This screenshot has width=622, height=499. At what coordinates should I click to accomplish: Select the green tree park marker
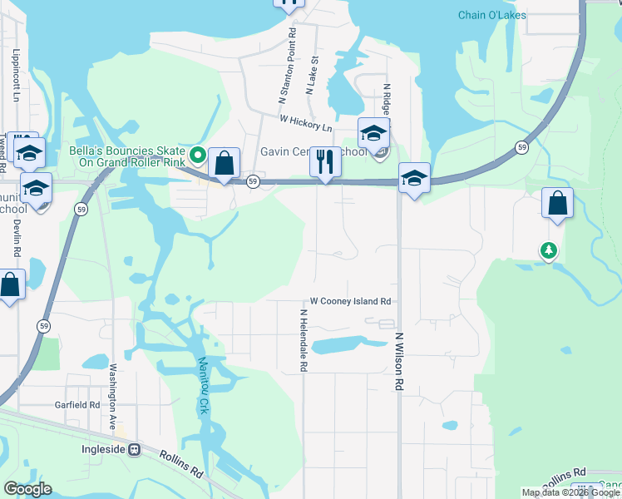click(548, 250)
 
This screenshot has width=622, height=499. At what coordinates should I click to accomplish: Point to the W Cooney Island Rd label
click(350, 301)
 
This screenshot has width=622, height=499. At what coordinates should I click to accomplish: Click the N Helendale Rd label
click(304, 340)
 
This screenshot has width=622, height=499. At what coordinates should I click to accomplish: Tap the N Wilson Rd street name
click(399, 362)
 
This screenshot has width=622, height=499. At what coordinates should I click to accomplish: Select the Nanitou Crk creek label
click(202, 375)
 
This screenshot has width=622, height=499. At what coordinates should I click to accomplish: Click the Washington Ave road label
click(111, 396)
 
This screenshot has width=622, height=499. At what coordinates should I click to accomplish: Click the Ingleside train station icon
click(134, 449)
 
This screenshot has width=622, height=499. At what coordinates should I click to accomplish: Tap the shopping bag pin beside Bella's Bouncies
click(224, 163)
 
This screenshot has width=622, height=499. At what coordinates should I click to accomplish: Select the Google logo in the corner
click(27, 489)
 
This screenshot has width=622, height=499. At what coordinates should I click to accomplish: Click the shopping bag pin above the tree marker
click(556, 203)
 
